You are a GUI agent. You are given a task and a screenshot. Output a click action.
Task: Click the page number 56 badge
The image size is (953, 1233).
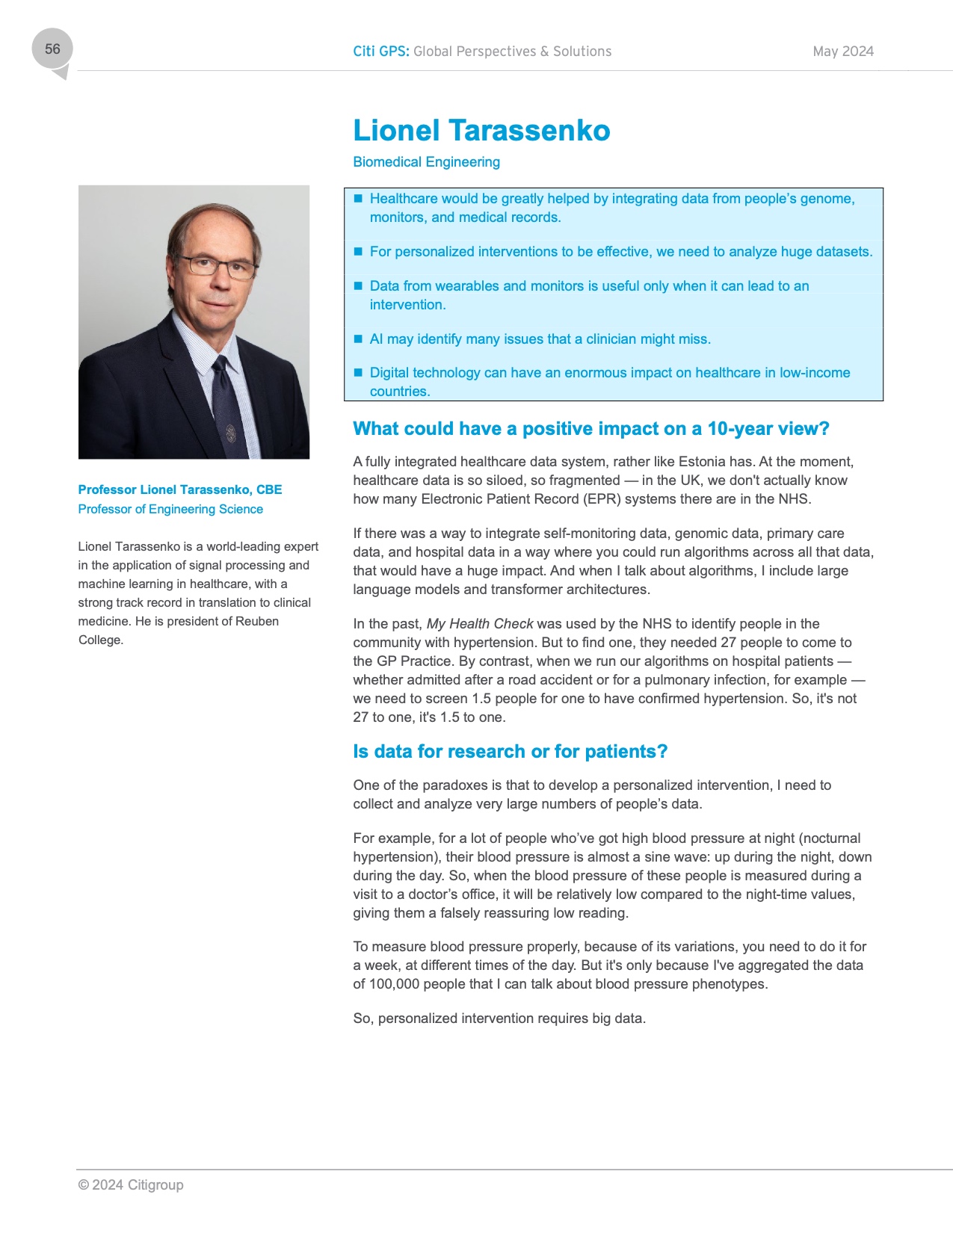52,49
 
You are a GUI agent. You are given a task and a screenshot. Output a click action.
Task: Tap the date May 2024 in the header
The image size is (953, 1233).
842,52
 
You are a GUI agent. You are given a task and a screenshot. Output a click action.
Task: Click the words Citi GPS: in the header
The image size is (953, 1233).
381,52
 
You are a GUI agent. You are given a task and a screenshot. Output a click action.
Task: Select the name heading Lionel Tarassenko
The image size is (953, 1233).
481,131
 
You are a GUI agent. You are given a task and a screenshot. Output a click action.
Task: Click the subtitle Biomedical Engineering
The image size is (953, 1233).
426,162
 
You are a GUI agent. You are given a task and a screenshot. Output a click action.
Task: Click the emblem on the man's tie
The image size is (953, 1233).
231,433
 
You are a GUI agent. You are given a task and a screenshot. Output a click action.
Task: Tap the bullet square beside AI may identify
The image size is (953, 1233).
358,339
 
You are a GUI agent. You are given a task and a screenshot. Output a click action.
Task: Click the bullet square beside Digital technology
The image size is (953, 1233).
358,372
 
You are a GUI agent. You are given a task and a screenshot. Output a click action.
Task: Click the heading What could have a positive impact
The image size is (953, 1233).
590,429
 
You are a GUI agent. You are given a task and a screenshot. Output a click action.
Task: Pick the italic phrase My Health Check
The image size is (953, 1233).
480,624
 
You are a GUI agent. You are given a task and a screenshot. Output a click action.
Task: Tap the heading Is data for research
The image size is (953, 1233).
510,752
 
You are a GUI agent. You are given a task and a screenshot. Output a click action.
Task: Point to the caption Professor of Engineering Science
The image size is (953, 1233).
170,509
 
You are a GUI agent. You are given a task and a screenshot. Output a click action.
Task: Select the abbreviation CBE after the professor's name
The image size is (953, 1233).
269,489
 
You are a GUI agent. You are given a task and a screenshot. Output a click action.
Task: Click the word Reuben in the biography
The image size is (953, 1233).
257,621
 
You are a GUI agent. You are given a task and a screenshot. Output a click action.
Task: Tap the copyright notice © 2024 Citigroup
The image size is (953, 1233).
131,1185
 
